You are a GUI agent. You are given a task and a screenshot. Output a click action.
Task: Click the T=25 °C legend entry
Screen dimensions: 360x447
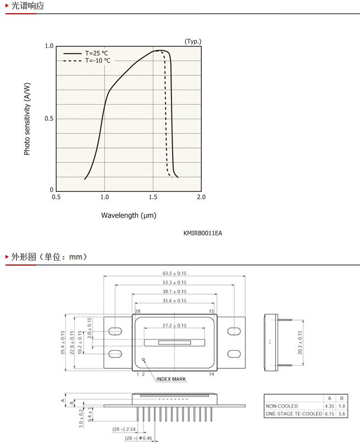tap(85, 53)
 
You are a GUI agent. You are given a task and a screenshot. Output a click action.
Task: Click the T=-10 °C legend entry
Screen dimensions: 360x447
tap(86, 60)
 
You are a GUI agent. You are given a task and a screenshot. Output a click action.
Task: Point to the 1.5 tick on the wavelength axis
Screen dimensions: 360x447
tap(153, 197)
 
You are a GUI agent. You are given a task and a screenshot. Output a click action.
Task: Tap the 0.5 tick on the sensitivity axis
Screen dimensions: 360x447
tap(49, 118)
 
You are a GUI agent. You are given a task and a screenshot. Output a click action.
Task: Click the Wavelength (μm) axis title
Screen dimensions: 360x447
tap(129, 216)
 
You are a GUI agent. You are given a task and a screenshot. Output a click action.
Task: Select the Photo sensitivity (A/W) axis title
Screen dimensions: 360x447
tap(27, 119)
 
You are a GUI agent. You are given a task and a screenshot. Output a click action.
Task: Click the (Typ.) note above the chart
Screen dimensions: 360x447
tap(193, 41)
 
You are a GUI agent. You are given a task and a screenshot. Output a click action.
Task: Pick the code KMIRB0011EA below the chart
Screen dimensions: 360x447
tap(203, 233)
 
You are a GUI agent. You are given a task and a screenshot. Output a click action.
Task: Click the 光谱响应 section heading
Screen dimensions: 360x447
tap(27, 5)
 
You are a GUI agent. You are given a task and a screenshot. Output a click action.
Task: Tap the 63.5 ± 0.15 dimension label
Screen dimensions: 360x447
tap(174, 273)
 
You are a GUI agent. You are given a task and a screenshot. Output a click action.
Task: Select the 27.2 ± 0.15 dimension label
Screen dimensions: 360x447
tap(174, 325)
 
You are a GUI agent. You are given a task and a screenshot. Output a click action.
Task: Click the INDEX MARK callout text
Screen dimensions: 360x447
tap(171, 379)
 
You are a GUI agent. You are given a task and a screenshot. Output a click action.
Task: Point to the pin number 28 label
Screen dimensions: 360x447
tap(137, 311)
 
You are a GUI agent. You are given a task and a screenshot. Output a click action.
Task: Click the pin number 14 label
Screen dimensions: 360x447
tap(211, 374)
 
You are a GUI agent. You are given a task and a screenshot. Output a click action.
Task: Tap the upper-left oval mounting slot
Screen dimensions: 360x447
tap(115, 331)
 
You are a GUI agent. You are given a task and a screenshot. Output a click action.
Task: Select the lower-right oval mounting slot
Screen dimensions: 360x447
tap(234, 354)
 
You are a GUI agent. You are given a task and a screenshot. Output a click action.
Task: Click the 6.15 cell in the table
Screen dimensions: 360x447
tap(330, 413)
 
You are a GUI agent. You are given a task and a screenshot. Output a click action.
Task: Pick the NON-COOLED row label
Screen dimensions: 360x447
tap(282, 406)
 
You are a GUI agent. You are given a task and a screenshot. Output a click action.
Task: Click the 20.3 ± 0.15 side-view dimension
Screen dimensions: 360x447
tap(300, 343)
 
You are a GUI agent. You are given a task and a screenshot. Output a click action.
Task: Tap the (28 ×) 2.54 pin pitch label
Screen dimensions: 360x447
tap(124, 429)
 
